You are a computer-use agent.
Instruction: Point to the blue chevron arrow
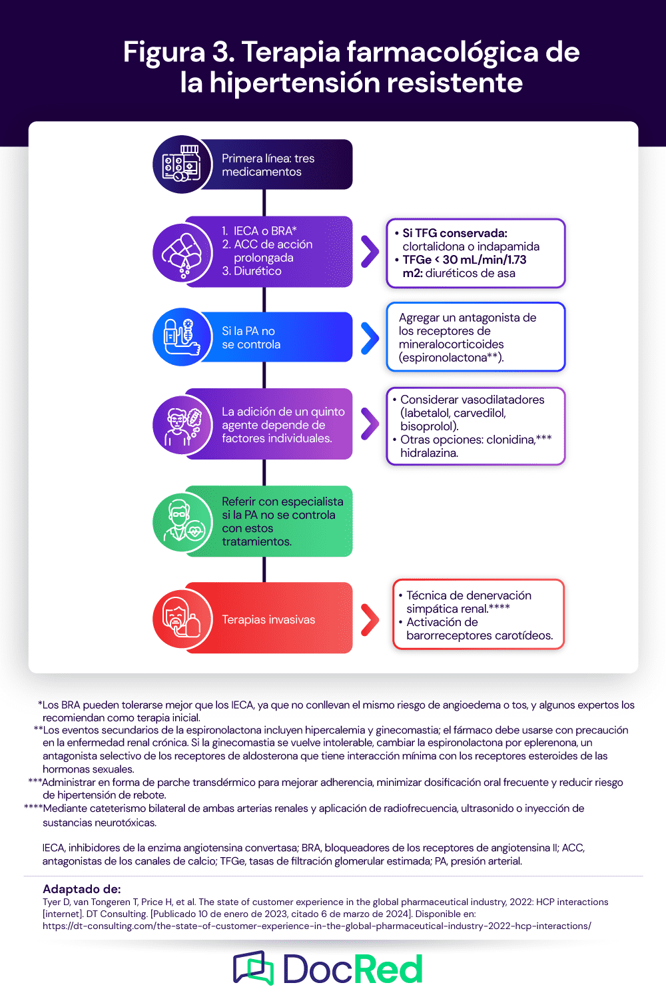click(x=370, y=338)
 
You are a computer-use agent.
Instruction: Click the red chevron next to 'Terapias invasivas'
click(x=370, y=619)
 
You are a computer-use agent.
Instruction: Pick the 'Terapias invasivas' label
click(x=268, y=619)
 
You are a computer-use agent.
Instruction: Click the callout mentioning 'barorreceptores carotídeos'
click(x=478, y=615)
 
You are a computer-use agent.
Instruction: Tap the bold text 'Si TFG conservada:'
click(x=455, y=233)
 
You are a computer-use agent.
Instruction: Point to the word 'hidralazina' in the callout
click(x=428, y=453)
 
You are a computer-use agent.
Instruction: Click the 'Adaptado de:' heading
click(x=81, y=889)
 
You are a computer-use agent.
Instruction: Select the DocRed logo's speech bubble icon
click(x=253, y=968)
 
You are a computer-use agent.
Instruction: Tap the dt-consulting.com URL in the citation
click(x=316, y=926)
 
